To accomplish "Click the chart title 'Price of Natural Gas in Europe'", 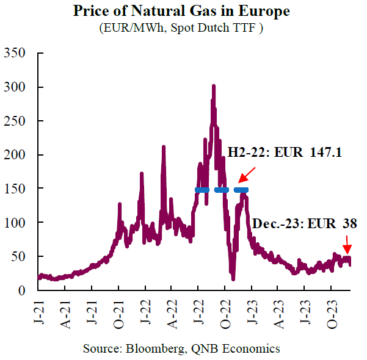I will pos(181,12).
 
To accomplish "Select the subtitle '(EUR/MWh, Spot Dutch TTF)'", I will pos(181,28).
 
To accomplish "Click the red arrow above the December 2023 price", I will pos(347,247).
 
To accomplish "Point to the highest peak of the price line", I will pos(213,87).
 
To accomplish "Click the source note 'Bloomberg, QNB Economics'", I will pos(181,348).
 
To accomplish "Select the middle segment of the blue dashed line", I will pos(221,190).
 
